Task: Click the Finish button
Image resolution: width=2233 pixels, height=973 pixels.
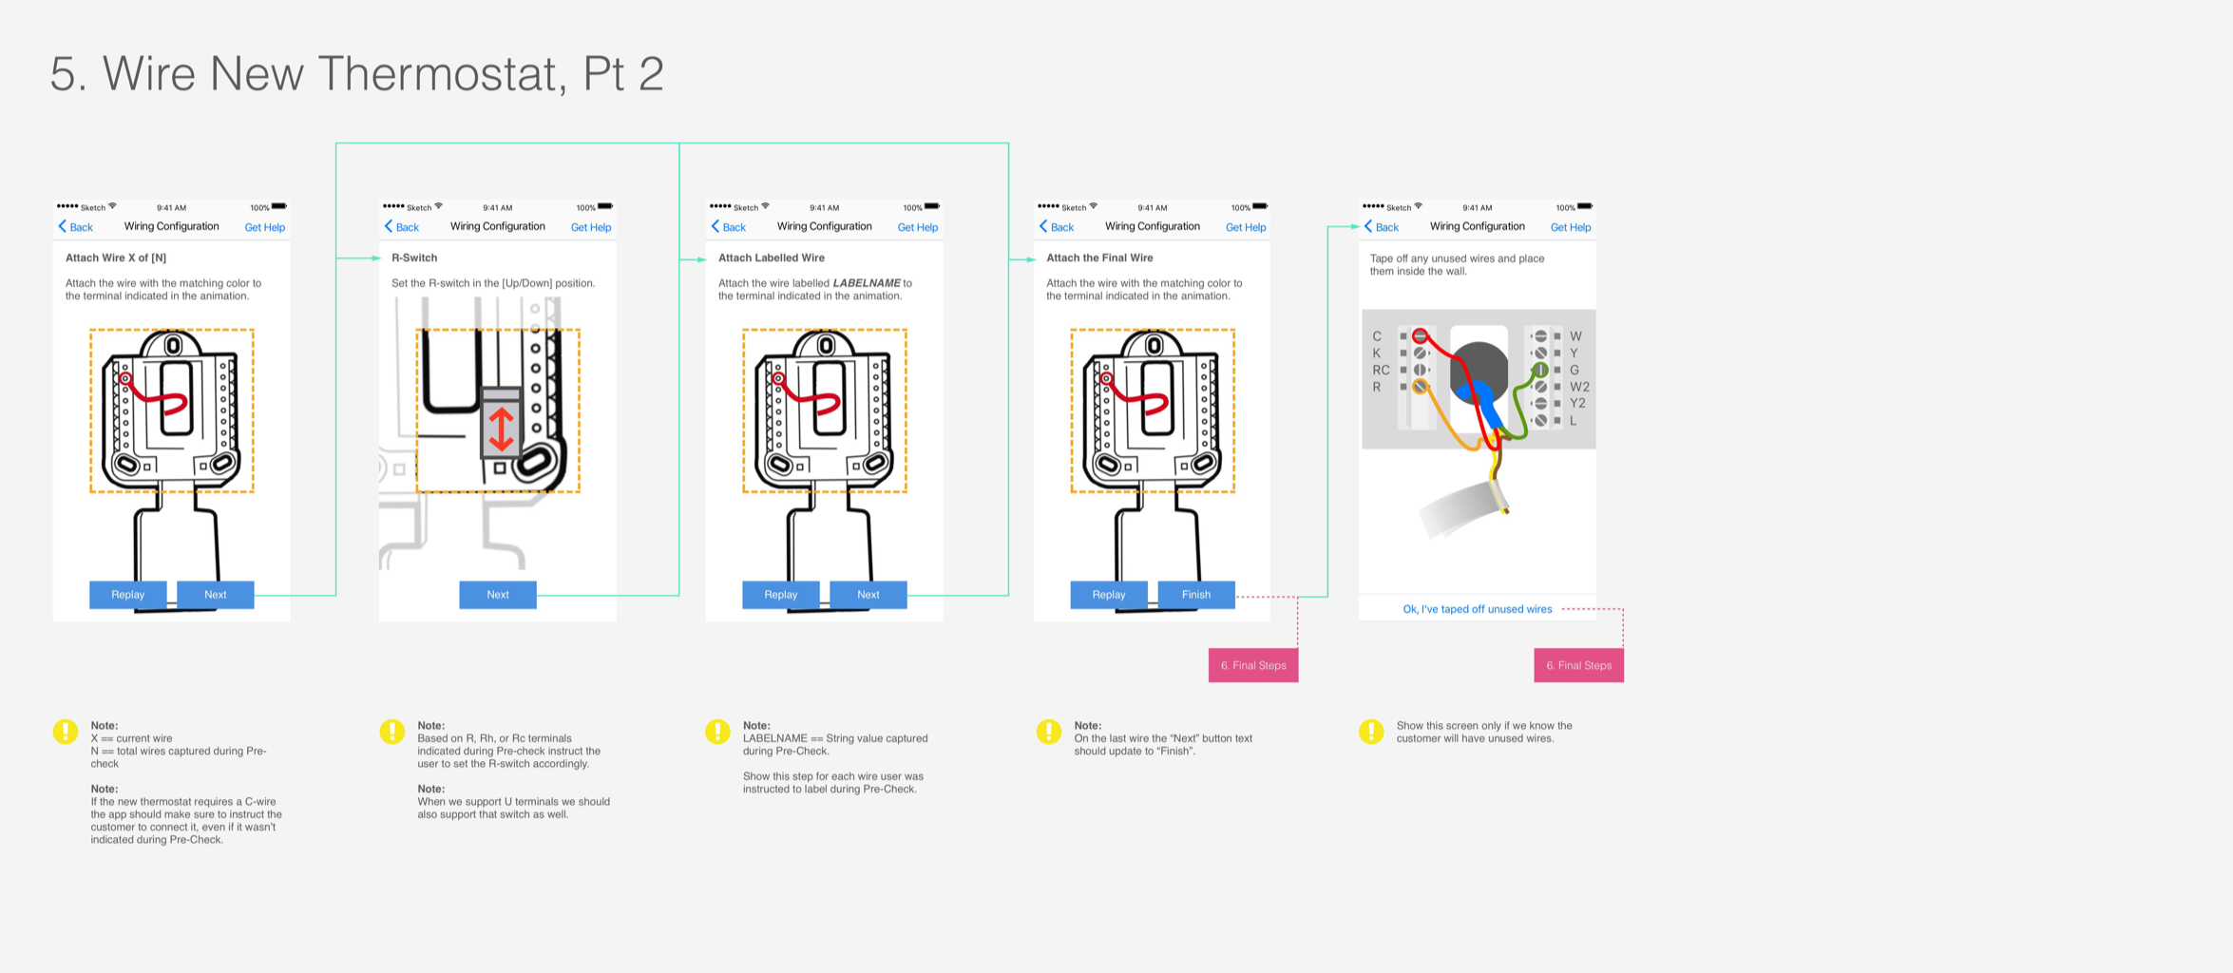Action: (1195, 595)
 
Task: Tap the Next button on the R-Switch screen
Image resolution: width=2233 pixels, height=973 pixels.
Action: (498, 595)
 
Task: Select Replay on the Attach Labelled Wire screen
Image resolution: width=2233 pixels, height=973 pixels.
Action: (780, 595)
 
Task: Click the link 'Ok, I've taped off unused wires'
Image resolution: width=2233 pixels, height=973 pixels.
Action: (1477, 609)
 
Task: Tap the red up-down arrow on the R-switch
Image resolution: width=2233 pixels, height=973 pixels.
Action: (501, 429)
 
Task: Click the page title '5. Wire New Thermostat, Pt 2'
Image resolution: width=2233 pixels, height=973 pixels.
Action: (356, 74)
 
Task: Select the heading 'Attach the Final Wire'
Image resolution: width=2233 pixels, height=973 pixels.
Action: (1099, 258)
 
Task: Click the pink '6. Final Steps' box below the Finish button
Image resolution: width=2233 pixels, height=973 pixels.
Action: (1252, 665)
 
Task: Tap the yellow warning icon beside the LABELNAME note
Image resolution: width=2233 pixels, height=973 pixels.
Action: (717, 731)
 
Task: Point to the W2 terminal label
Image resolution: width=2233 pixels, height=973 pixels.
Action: (1578, 387)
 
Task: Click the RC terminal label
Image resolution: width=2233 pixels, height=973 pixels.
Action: (1381, 370)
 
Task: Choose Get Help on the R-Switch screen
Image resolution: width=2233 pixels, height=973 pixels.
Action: (590, 227)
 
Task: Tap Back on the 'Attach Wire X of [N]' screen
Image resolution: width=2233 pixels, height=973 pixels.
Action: (76, 227)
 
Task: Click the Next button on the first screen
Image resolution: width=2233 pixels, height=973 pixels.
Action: (215, 595)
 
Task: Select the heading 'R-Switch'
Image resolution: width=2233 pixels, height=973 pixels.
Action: (414, 258)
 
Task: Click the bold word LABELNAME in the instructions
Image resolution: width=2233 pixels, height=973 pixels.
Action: (866, 283)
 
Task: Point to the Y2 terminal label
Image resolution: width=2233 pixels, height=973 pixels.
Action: (1576, 404)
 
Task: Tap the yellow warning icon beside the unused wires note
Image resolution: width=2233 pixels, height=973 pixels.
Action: (1371, 732)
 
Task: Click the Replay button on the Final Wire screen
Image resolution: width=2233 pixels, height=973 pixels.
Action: (1108, 595)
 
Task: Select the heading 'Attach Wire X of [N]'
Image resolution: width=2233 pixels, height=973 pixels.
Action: (116, 258)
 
